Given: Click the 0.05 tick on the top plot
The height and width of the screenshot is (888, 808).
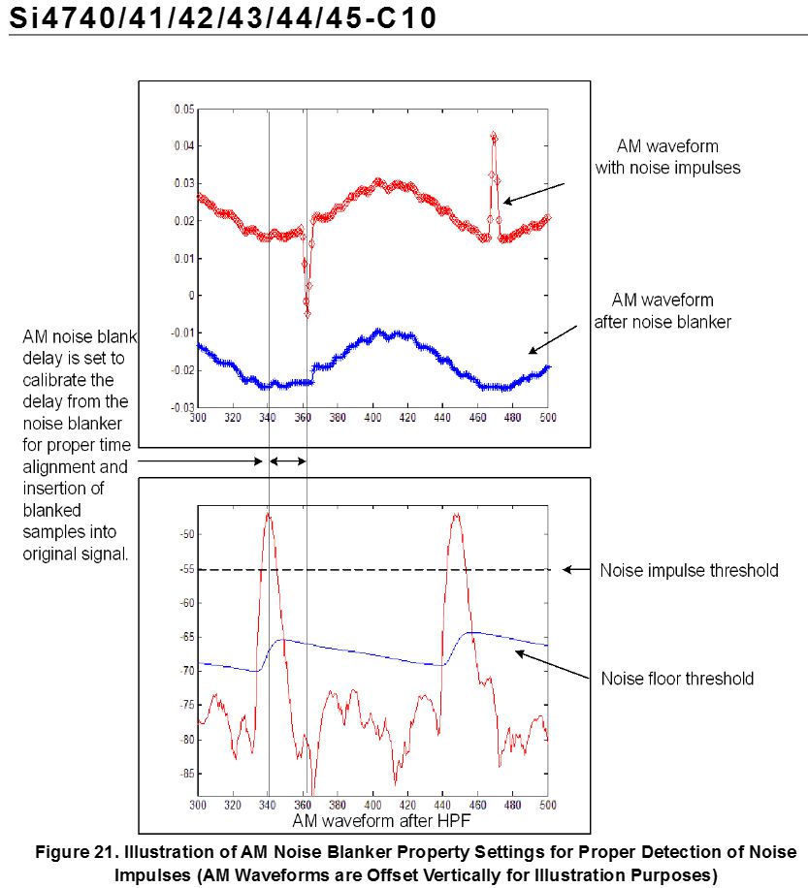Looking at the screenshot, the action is (x=184, y=109).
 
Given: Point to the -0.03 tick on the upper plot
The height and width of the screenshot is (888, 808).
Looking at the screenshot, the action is (x=182, y=407).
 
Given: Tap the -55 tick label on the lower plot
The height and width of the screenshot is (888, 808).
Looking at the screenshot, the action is (x=187, y=569).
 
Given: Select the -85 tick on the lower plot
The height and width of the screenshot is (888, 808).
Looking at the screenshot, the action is (x=187, y=774).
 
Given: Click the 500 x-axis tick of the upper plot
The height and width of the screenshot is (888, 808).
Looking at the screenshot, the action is (x=547, y=418).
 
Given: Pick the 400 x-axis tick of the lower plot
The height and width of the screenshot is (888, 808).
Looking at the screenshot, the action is (x=372, y=805).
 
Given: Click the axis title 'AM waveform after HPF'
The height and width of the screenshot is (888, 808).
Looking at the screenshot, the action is (x=381, y=820).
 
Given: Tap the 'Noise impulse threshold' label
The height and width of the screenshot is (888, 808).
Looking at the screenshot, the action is (x=689, y=570).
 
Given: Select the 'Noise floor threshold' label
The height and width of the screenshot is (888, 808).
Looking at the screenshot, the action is (x=677, y=679).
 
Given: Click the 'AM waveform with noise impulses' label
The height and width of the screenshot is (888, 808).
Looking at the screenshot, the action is (x=667, y=157).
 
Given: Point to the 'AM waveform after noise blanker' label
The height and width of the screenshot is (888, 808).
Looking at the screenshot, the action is (x=663, y=311).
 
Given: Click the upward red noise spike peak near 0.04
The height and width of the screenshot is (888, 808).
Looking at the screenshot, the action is (x=494, y=136).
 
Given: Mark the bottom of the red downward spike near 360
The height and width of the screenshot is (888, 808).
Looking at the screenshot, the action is (x=307, y=314).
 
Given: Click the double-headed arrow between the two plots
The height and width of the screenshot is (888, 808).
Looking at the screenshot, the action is (x=288, y=461).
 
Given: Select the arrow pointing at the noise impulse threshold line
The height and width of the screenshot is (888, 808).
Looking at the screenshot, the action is (x=576, y=570).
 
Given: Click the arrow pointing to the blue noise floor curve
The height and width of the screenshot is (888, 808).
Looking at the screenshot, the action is (x=552, y=664).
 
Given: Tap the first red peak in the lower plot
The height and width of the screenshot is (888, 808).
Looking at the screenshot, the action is (x=268, y=514).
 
